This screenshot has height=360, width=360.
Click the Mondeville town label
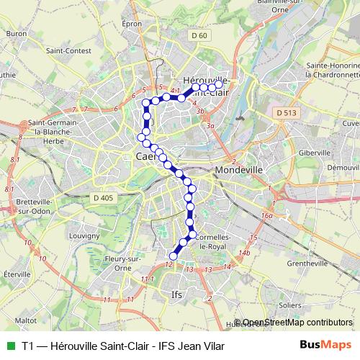pyautogui.click(x=240, y=171)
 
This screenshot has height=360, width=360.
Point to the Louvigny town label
pyautogui.click(x=84, y=235)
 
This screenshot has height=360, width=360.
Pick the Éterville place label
pyautogui.click(x=15, y=274)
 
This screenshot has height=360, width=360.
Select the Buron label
pyautogui.click(x=16, y=33)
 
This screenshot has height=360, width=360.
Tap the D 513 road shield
pyautogui.click(x=285, y=112)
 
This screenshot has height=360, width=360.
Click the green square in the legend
pyautogui.click(x=10, y=346)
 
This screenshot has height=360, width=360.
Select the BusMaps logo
pyautogui.click(x=323, y=345)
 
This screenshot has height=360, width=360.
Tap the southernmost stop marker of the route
pyautogui.click(x=173, y=256)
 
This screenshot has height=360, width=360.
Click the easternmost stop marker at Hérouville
pyautogui.click(x=219, y=84)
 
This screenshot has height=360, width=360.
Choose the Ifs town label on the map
pyautogui.click(x=176, y=294)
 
